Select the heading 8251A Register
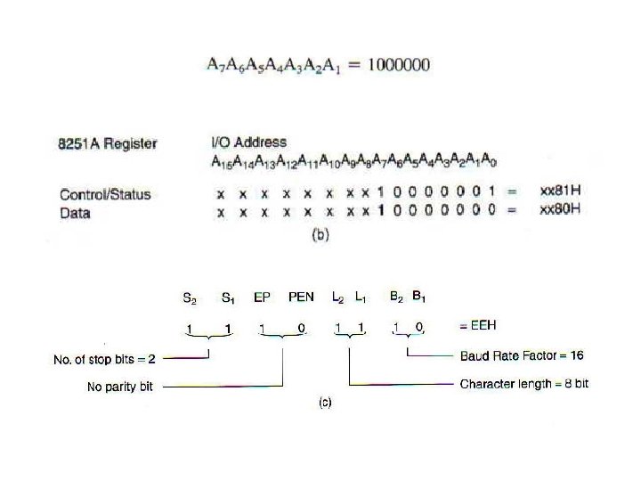pyautogui.click(x=108, y=143)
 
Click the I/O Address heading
pyautogui.click(x=248, y=143)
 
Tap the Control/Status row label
pyautogui.click(x=105, y=194)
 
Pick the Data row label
pyautogui.click(x=75, y=213)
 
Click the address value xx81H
pyautogui.click(x=561, y=192)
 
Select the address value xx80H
pyautogui.click(x=561, y=210)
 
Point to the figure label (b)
pyautogui.click(x=320, y=236)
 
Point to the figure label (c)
pyautogui.click(x=325, y=403)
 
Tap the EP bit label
pyautogui.click(x=262, y=298)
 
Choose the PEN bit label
pyautogui.click(x=302, y=298)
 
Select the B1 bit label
pyautogui.click(x=418, y=297)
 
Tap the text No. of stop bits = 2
pyautogui.click(x=104, y=360)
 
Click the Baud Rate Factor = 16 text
pyautogui.click(x=522, y=355)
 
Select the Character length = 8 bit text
pyautogui.click(x=523, y=385)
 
